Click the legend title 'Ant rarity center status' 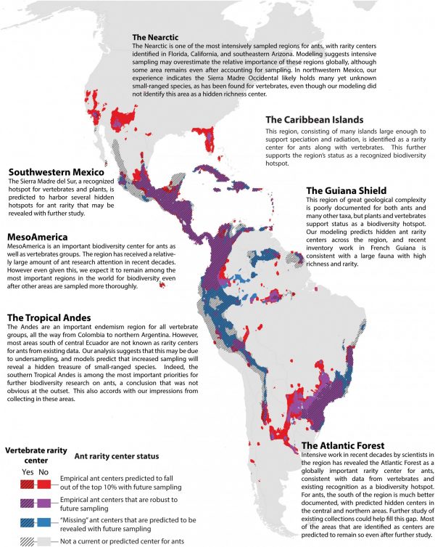(x=116, y=456)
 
